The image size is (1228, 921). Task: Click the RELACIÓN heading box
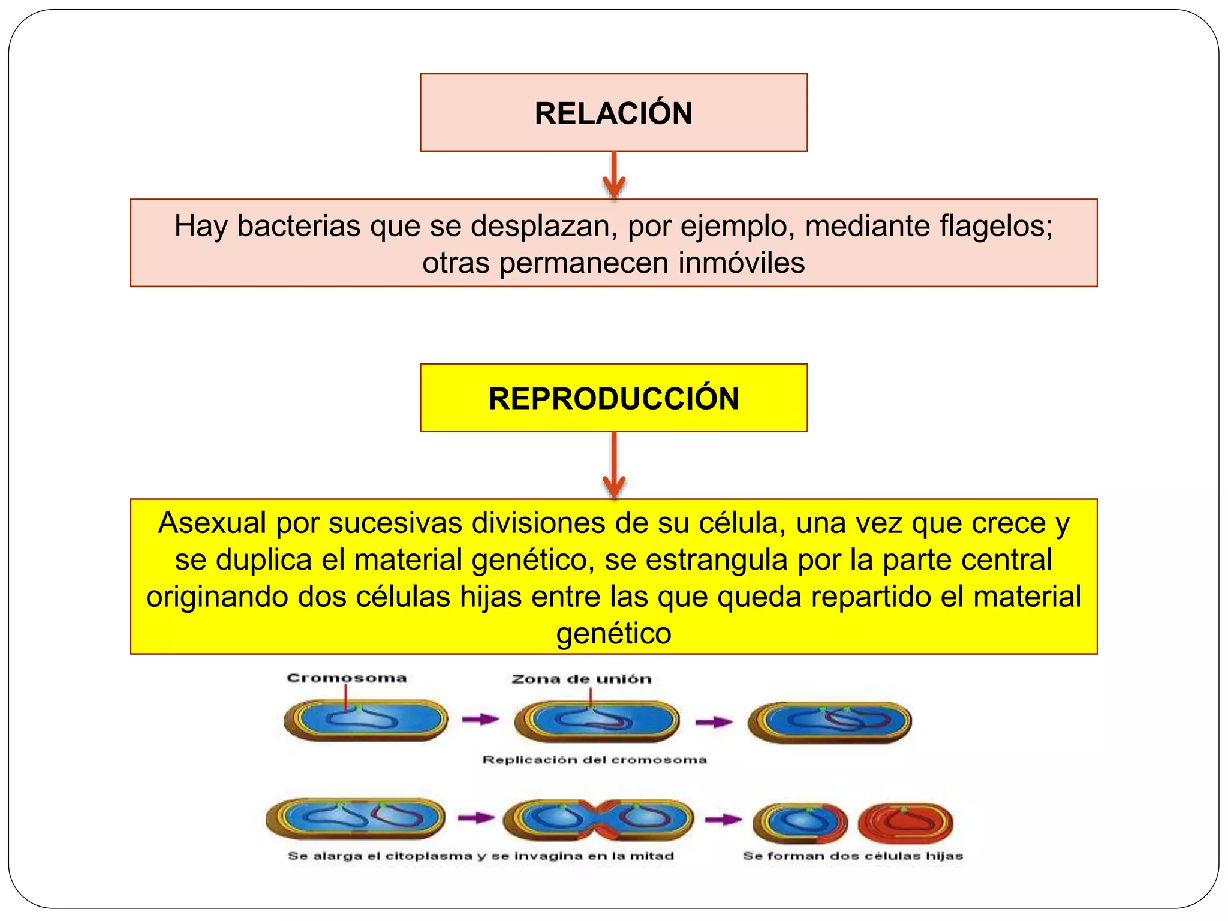tap(613, 112)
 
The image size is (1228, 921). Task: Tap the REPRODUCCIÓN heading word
tap(613, 399)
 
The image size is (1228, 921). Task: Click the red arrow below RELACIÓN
tap(613, 175)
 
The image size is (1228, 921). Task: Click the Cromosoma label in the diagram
tap(347, 678)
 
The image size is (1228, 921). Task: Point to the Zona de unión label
tap(581, 679)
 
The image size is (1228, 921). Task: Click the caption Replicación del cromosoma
tap(594, 760)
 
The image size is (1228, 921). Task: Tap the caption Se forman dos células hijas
tap(853, 856)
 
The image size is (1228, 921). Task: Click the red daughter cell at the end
tap(905, 823)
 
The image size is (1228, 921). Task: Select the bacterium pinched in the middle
tap(598, 820)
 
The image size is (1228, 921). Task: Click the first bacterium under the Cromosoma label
tap(366, 719)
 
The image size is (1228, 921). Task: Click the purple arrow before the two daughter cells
tap(723, 820)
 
